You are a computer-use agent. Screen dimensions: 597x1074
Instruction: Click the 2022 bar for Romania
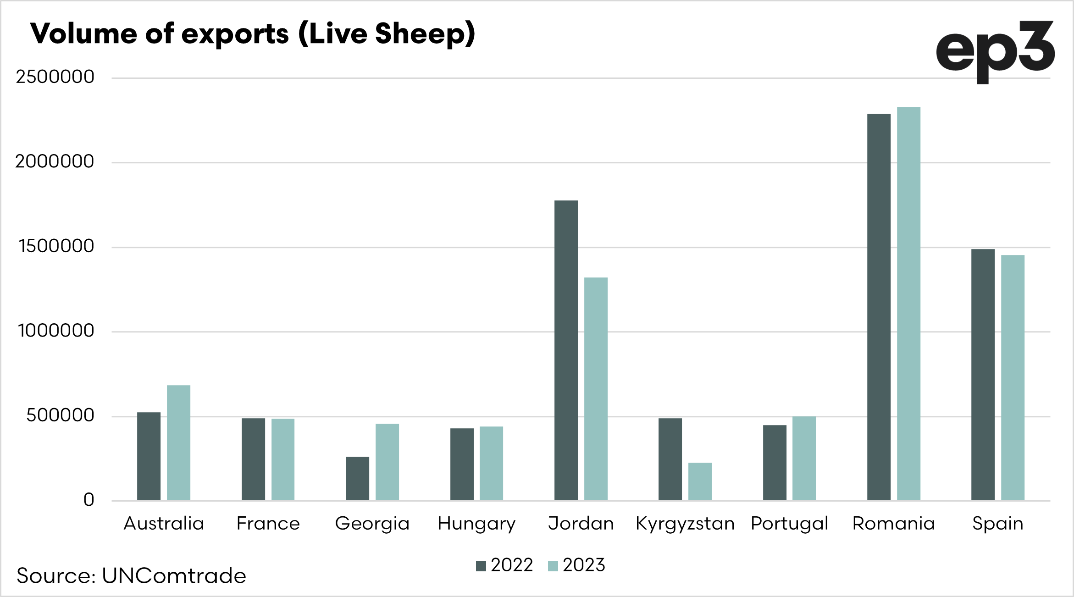tap(879, 307)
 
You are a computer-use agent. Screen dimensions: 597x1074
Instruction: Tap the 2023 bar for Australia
tap(178, 442)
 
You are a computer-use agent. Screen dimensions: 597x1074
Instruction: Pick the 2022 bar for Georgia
tap(357, 478)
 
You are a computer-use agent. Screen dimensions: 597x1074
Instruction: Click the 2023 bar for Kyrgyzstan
tap(700, 481)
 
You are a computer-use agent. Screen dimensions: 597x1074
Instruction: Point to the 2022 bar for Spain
tap(983, 375)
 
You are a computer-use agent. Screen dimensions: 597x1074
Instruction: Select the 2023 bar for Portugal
tap(804, 458)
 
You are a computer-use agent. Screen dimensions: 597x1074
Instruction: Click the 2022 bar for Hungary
tap(462, 464)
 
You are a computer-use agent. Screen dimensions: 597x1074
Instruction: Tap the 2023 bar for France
tap(282, 459)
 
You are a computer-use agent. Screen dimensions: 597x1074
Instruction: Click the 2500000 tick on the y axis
tap(55, 77)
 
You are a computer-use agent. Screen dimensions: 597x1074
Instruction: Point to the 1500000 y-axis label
tap(56, 247)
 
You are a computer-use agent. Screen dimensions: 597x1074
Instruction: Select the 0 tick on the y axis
tap(89, 500)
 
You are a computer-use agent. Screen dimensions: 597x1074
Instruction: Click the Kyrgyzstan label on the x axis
tap(685, 524)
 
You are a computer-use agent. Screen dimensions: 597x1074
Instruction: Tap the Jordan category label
tap(581, 524)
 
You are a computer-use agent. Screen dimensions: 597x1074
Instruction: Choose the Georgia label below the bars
tap(372, 524)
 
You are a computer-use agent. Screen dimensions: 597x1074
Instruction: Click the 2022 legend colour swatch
tap(481, 566)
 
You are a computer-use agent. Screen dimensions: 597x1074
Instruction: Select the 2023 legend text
tap(584, 565)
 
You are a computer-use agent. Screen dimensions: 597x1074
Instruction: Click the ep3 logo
tap(995, 51)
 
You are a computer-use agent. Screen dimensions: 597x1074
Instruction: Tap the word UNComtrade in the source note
tap(174, 576)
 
